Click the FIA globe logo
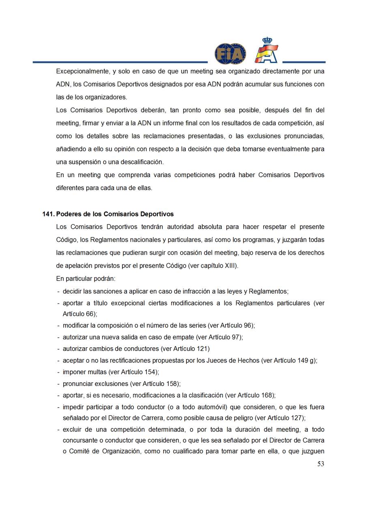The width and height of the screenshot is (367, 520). pos(230,54)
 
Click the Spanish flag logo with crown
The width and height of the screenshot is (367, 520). pos(266,51)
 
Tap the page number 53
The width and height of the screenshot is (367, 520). pos(320,464)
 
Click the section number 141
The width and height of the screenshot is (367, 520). pos(48,214)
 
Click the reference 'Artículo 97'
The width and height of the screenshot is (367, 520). pos(225,337)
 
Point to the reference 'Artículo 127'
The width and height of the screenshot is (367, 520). pos(285,418)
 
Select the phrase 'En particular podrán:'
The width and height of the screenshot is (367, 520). pos(86,279)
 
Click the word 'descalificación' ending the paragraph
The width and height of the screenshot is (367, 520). pos(140,162)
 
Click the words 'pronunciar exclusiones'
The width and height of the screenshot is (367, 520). pos(95,384)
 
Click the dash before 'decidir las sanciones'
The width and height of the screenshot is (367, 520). pos(59,292)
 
